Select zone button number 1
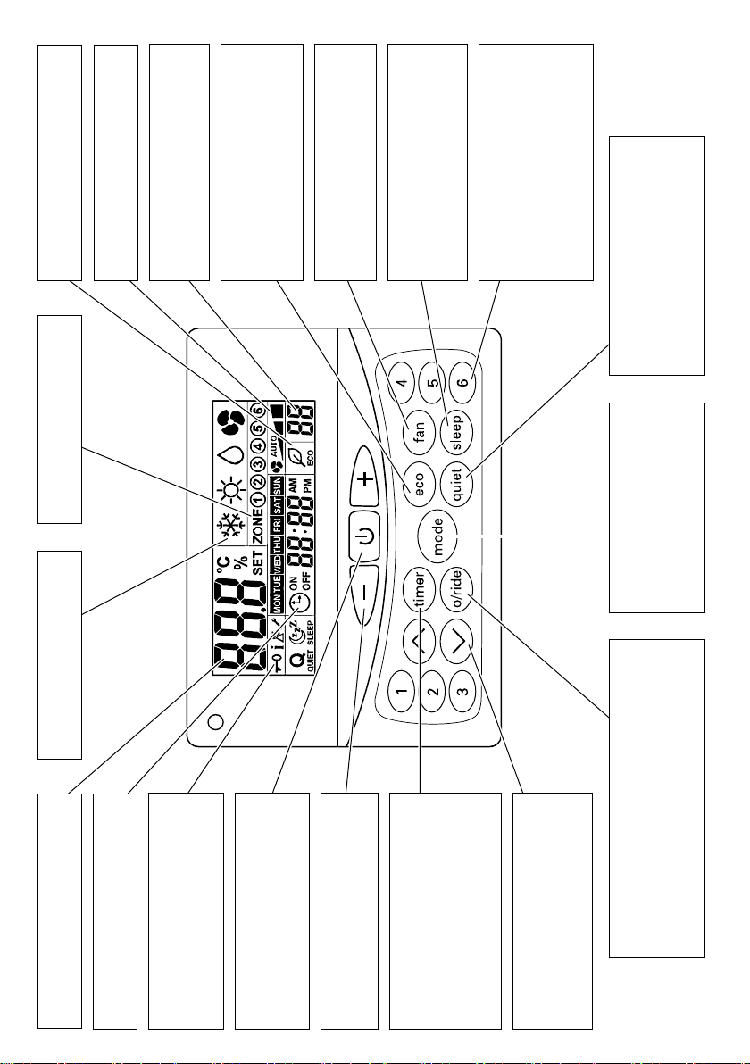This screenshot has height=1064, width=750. tap(403, 690)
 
